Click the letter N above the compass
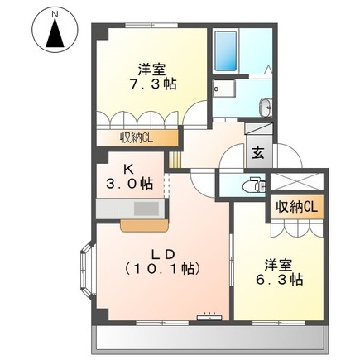click(x=55, y=15)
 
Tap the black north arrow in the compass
click(x=55, y=32)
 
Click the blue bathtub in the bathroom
click(x=226, y=50)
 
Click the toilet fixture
click(x=254, y=185)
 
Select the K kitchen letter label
click(x=128, y=170)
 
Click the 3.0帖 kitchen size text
click(x=130, y=183)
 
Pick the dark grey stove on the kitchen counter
click(x=146, y=209)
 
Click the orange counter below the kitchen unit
click(x=144, y=225)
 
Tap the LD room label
click(x=163, y=255)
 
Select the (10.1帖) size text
click(x=162, y=268)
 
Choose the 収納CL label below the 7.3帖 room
click(x=136, y=137)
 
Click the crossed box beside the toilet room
click(x=296, y=181)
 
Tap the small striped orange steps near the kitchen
click(x=175, y=159)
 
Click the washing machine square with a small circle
click(x=223, y=89)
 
